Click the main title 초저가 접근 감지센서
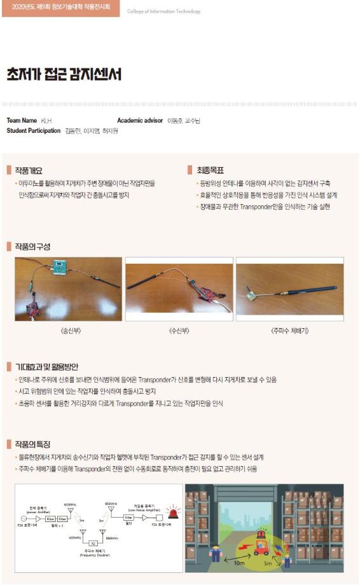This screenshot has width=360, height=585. point(64,74)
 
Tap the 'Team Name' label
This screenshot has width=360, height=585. point(22,120)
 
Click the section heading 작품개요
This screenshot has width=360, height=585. point(29,170)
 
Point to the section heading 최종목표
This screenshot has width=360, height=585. point(210,170)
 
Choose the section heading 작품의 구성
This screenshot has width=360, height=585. point(32,246)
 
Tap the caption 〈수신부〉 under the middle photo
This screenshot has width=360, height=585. point(180,331)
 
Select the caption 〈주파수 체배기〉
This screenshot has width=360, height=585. point(290,331)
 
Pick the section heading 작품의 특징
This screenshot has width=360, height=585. point(32,444)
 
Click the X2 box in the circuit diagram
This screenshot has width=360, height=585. point(93,542)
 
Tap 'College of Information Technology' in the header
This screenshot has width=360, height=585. point(163,11)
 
